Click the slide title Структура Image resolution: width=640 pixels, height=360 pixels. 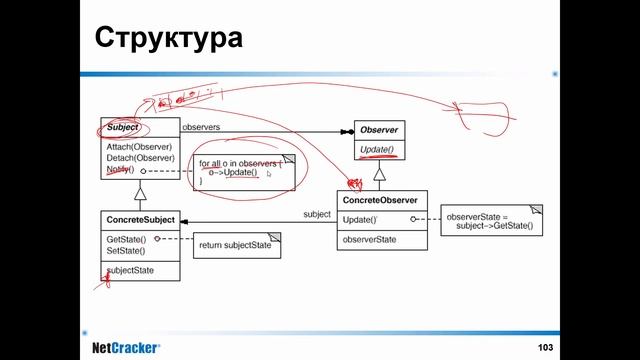[168, 39]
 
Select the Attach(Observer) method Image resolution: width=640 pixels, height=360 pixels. [140, 147]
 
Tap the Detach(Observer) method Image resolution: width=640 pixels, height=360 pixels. [140, 158]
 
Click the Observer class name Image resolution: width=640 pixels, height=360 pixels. [380, 130]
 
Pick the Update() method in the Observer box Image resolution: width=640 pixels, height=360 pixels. [377, 151]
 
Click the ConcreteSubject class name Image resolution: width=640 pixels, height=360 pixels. [140, 219]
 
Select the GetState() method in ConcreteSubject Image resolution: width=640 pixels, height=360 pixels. [126, 240]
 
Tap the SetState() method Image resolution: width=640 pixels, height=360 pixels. [126, 251]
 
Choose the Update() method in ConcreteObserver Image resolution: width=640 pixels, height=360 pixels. [360, 220]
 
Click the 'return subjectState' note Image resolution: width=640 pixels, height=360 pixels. [232, 244]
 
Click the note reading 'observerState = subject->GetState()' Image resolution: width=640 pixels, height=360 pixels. [490, 221]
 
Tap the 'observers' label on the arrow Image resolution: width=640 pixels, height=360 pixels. [201, 127]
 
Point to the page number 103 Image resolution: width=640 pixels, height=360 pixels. [545, 346]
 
